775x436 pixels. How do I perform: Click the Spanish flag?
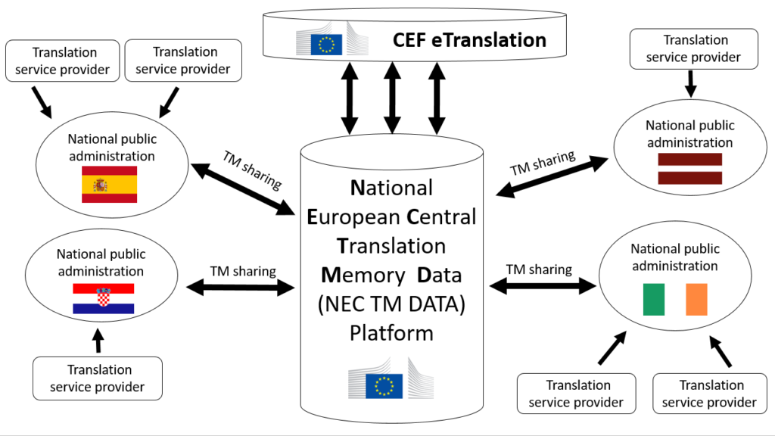pyautogui.click(x=109, y=185)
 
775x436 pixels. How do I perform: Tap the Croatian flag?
pyautogui.click(x=103, y=298)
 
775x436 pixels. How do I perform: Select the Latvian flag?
pyautogui.click(x=689, y=168)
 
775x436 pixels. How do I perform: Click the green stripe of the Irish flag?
pyautogui.click(x=653, y=299)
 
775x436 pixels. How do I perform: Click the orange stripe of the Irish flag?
pyautogui.click(x=696, y=299)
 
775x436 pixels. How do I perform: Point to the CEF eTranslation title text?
pyautogui.click(x=469, y=40)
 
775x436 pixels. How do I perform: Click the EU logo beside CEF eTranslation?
pyautogui.click(x=326, y=42)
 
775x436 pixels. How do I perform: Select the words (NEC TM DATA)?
pyautogui.click(x=391, y=304)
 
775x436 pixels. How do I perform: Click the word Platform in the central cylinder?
pyautogui.click(x=391, y=333)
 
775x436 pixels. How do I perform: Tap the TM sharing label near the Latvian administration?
pyautogui.click(x=543, y=163)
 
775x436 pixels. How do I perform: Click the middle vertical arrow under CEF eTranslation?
pyautogui.click(x=392, y=96)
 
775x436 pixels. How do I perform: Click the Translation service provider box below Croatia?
pyautogui.click(x=98, y=378)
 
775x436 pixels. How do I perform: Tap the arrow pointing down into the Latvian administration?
pyautogui.click(x=690, y=83)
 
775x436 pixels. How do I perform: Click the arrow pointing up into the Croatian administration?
pyautogui.click(x=97, y=341)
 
